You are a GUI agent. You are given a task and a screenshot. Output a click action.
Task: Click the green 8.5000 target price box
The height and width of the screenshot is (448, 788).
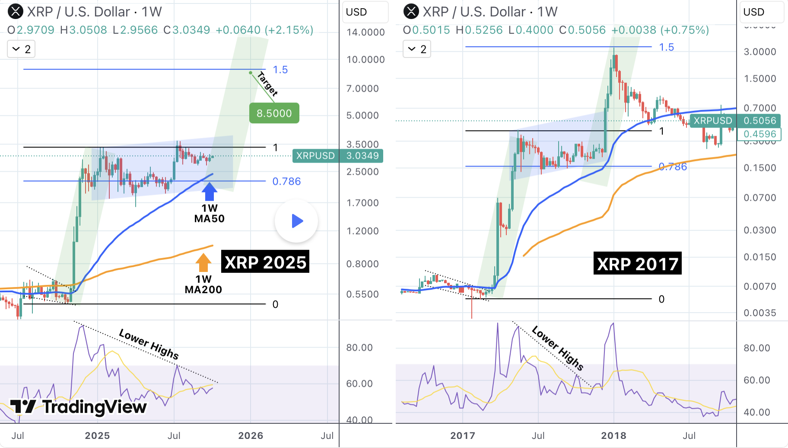click(274, 113)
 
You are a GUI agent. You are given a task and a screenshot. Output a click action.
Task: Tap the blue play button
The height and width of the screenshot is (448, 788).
click(296, 221)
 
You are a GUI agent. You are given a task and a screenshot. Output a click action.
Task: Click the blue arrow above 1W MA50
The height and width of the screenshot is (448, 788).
click(210, 191)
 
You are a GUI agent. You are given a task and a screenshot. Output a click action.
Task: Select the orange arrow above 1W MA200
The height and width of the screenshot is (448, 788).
click(203, 262)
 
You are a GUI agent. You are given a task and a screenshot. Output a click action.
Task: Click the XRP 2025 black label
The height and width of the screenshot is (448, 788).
click(265, 262)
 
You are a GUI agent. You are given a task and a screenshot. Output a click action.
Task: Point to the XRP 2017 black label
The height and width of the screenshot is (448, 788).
click(637, 263)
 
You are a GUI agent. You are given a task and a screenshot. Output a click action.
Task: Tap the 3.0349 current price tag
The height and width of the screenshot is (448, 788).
click(362, 156)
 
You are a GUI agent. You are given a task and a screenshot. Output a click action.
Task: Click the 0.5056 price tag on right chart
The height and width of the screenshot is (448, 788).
click(759, 121)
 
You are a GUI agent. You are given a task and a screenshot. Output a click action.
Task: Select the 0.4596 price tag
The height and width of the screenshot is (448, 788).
click(759, 134)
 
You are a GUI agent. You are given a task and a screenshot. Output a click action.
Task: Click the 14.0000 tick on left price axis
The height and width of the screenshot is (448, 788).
click(365, 32)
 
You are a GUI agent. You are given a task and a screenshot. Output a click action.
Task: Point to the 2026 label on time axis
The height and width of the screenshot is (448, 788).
click(251, 435)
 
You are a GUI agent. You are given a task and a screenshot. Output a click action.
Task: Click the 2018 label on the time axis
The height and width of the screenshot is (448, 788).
click(613, 435)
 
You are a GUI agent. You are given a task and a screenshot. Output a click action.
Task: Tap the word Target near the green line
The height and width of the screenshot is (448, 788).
click(267, 83)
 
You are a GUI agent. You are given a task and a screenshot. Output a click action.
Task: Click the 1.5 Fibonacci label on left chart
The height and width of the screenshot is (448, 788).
click(280, 70)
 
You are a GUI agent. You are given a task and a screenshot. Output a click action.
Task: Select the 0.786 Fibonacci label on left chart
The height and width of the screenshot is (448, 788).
click(286, 181)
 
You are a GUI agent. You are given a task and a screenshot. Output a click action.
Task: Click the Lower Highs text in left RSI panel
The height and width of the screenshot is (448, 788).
click(149, 344)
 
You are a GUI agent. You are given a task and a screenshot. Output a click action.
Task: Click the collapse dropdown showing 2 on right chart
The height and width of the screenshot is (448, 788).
click(417, 49)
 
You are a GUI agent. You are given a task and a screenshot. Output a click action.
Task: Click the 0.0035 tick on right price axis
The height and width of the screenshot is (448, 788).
click(759, 313)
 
